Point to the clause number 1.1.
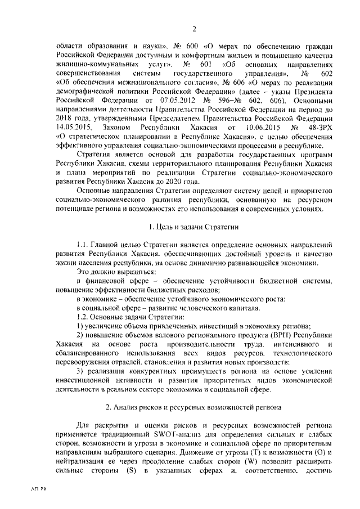coord(83,245)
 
